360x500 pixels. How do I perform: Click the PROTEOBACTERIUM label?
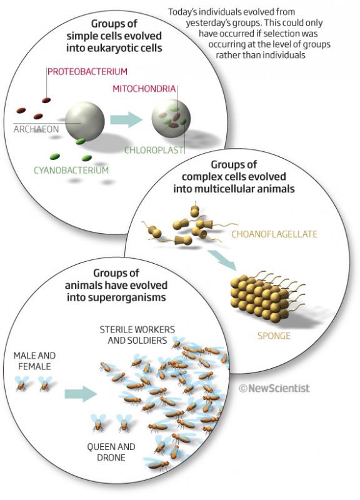87,71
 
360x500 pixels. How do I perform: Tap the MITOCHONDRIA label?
144,89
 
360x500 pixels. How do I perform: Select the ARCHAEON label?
36,129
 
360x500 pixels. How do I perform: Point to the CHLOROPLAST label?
154,150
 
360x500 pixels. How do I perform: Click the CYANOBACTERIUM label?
71,170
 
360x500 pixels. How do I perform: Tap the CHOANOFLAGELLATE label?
274,234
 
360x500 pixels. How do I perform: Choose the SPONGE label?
274,336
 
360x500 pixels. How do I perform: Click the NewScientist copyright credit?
274,388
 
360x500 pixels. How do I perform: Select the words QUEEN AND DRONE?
111,452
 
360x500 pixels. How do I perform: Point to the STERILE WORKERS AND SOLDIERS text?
137,335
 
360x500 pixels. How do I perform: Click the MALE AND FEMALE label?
34,361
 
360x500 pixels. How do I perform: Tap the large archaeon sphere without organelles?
85,121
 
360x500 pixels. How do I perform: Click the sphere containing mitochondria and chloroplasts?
171,119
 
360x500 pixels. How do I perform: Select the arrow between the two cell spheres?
126,120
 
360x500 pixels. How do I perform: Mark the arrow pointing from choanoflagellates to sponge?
222,260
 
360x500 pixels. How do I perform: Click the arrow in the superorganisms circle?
81,394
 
